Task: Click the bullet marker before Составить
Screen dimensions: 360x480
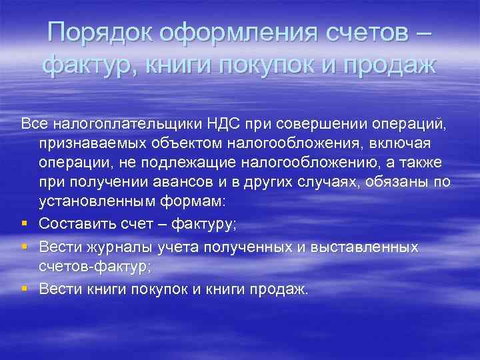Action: [25, 227]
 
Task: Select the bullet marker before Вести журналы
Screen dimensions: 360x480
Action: [25, 247]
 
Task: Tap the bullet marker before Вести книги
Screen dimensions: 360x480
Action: [25, 289]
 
